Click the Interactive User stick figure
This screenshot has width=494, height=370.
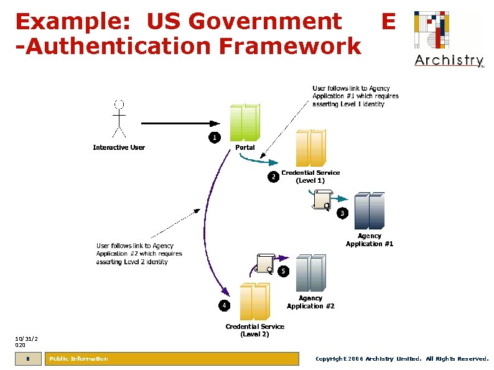click(x=119, y=118)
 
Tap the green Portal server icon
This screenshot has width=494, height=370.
click(x=244, y=122)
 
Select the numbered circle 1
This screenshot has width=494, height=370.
click(x=213, y=137)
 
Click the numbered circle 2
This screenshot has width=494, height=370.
click(x=273, y=177)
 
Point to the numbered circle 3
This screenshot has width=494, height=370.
click(x=342, y=213)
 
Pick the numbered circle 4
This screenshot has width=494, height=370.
click(x=223, y=305)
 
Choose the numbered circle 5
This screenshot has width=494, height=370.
click(x=283, y=271)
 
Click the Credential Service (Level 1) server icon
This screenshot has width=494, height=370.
click(x=310, y=148)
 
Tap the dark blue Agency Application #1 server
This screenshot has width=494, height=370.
click(x=370, y=210)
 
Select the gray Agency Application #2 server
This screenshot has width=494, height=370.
click(x=310, y=272)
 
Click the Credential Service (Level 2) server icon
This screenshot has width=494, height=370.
click(x=254, y=302)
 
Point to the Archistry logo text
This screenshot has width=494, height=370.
click(x=449, y=60)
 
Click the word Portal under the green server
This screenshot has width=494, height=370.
click(x=245, y=147)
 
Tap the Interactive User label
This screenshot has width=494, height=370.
click(x=119, y=147)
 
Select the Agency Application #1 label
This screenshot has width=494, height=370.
click(x=370, y=240)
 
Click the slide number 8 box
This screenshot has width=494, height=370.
click(x=28, y=359)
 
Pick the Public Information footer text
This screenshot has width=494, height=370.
click(x=78, y=359)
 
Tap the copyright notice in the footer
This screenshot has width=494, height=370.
click(x=402, y=359)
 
